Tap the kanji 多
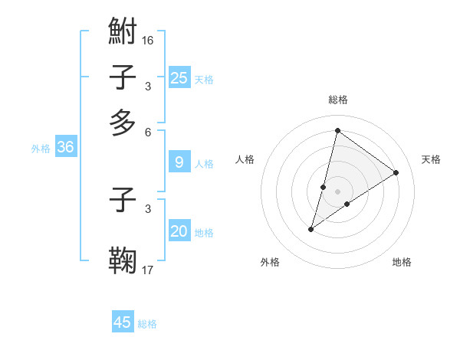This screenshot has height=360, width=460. coord(123,123)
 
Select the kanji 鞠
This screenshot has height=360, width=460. coord(123,259)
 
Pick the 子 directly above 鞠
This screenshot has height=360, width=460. coord(123,200)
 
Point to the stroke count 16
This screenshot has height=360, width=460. coord(148,39)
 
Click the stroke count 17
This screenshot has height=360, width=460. coord(148,269)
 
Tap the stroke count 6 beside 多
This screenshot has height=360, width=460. coord(148,132)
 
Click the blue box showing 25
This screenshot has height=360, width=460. coord(179,78)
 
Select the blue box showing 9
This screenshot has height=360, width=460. coord(179,162)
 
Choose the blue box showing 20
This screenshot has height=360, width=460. coord(179,232)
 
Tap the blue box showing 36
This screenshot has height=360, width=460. coord(66,148)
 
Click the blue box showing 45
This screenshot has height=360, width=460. coord(123,322)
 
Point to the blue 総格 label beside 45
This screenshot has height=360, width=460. coord(147,324)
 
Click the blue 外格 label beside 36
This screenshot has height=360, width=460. coord(41,149)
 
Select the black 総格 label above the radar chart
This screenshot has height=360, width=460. coord(338,100)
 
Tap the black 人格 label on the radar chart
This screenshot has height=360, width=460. coord(245,159)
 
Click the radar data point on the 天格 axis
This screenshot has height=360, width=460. coord(396,172)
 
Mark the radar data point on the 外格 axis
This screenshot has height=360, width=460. coord(311,229)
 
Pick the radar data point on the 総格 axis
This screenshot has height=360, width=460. coord(337,130)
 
